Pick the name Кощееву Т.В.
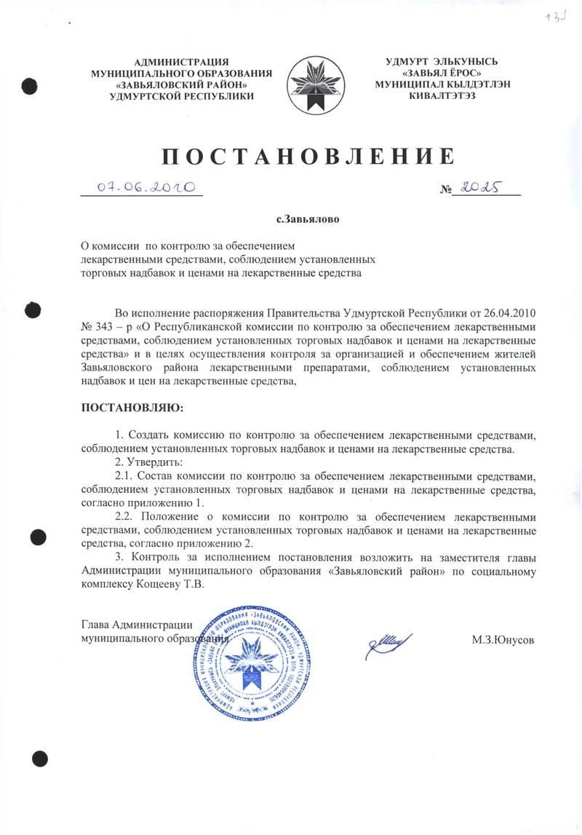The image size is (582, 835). (x=171, y=585)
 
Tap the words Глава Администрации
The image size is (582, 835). (x=137, y=624)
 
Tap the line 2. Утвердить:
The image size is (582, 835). (x=141, y=462)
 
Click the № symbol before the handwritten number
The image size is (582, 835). (x=447, y=191)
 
